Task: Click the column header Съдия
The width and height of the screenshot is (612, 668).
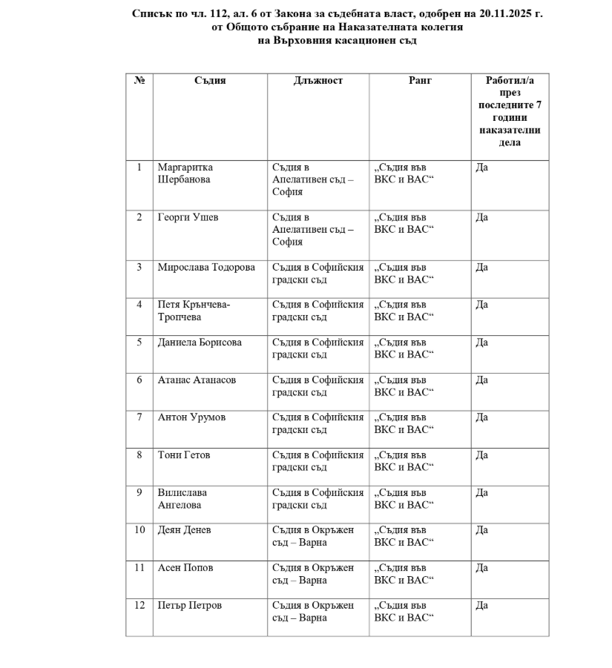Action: [x=210, y=81]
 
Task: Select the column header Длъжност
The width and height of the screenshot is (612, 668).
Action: [x=318, y=81]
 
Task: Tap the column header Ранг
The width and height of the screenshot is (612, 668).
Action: [x=420, y=81]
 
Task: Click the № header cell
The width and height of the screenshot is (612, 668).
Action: [x=139, y=81]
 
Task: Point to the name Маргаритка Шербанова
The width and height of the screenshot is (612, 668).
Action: [x=185, y=173]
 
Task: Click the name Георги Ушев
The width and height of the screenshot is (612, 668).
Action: [x=188, y=217]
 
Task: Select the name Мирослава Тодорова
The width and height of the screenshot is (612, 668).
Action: [x=205, y=268]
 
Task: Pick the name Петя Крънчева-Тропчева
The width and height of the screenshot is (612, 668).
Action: [x=194, y=311]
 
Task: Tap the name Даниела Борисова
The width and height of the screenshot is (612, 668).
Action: [x=200, y=343]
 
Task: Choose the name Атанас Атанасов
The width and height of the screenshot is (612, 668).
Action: [x=197, y=380]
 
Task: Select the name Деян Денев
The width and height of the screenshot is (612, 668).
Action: [x=184, y=530]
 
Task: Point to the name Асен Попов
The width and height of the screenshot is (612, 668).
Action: [x=185, y=568]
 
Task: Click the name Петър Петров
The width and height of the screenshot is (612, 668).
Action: [x=189, y=606]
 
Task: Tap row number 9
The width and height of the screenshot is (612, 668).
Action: [x=139, y=492]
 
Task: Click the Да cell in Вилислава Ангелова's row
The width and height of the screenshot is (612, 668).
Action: [x=481, y=492]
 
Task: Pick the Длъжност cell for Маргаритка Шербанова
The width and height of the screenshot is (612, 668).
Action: [x=312, y=179]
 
